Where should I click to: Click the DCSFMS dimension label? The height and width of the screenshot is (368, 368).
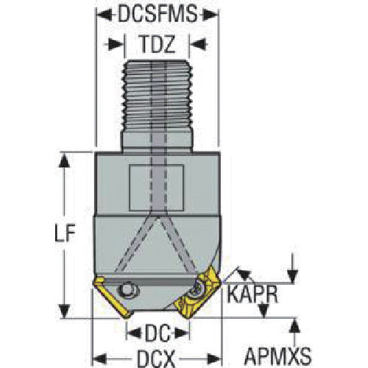158,14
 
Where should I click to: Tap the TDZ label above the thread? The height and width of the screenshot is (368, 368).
158,44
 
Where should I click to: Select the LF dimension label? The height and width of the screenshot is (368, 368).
64,233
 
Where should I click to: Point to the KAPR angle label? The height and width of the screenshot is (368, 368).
252,294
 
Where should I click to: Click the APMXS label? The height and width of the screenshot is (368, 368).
277,356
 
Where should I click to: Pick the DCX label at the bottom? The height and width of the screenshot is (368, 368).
156,359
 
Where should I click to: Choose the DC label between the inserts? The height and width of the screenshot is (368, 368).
158,333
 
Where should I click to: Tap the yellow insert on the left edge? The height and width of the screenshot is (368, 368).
112,297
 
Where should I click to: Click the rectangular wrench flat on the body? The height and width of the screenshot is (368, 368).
156,188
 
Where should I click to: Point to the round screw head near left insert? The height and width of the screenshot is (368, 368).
127,291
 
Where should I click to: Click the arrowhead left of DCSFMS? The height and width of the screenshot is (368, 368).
105,15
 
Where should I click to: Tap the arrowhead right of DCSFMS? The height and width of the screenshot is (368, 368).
210,15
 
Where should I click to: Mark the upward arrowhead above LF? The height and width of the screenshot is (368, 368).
64,161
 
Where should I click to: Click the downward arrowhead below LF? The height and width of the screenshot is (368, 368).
65,311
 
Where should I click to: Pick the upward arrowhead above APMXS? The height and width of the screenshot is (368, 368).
295,326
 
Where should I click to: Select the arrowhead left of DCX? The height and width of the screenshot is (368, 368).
99,359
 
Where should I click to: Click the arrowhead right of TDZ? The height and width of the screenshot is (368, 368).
198,44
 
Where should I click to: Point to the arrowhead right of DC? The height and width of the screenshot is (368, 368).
182,333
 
